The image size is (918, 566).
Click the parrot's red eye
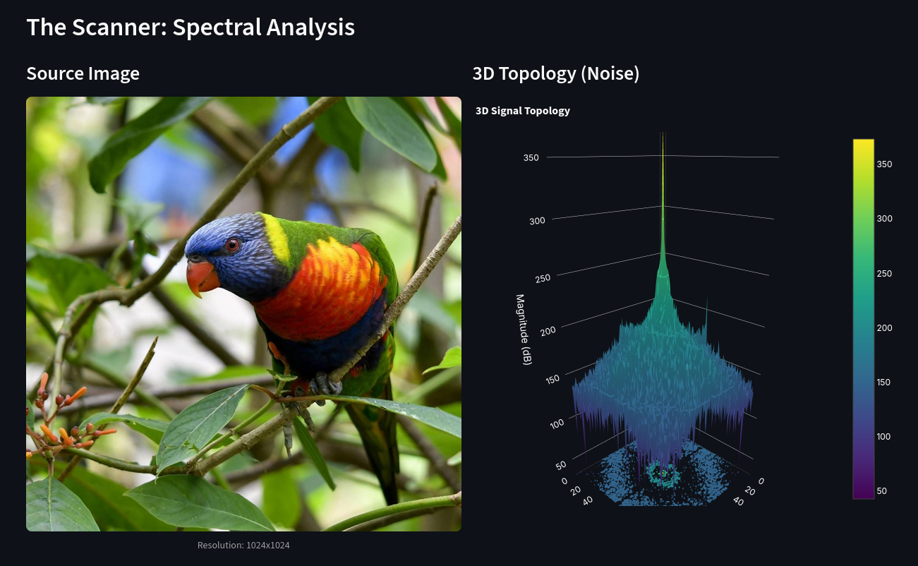[232, 245]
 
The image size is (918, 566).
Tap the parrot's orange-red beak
[202, 277]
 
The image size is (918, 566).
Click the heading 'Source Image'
[83, 74]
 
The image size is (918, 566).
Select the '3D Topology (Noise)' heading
[556, 74]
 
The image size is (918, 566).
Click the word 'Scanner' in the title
[119, 28]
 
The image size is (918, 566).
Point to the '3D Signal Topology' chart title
[523, 111]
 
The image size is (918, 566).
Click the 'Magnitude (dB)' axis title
[524, 330]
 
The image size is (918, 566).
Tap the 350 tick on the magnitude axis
[531, 158]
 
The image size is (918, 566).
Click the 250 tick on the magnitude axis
[543, 278]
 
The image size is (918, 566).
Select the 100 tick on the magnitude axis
[557, 423]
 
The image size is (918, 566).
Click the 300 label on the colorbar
[884, 219]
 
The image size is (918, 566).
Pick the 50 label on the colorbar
[881, 491]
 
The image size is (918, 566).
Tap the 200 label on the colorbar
[884, 328]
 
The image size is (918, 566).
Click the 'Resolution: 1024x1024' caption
[243, 546]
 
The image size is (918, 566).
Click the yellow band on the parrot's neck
[277, 237]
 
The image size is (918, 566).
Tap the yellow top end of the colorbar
[864, 143]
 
